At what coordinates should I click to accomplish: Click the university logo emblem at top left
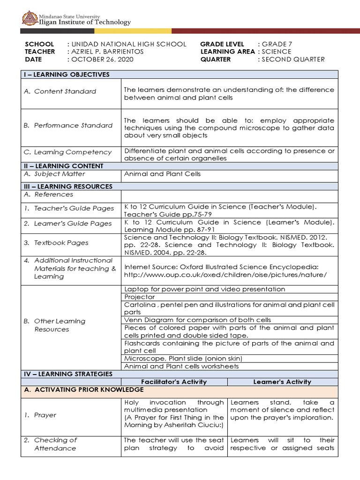pyautogui.click(x=29, y=18)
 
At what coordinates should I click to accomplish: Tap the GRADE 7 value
pyautogui.click(x=277, y=44)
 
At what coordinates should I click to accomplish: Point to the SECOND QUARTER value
pyautogui.click(x=293, y=60)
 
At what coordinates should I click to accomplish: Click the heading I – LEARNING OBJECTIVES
pyautogui.click(x=67, y=75)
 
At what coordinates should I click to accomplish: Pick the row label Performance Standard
pyautogui.click(x=68, y=125)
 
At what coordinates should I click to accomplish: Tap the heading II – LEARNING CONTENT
pyautogui.click(x=63, y=166)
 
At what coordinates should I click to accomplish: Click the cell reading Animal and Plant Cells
pyautogui.click(x=162, y=174)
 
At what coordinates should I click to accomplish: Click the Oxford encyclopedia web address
pyautogui.click(x=225, y=275)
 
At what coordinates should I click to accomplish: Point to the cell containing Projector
pyautogui.click(x=140, y=297)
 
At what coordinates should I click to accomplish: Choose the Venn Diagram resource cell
pyautogui.click(x=197, y=320)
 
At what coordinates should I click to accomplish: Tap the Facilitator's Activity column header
pyautogui.click(x=174, y=382)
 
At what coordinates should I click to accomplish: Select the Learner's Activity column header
pyautogui.click(x=282, y=382)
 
